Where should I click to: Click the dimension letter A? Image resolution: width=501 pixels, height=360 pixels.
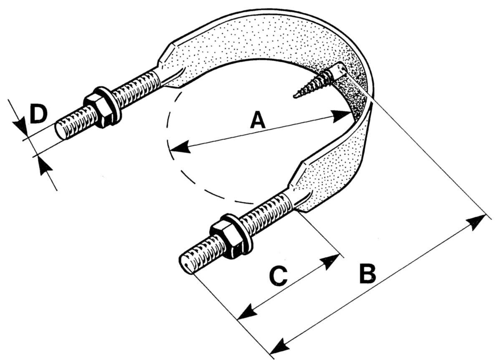[258, 121]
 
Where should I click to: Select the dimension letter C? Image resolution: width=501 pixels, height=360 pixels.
[278, 276]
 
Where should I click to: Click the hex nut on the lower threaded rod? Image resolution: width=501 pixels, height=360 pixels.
[223, 239]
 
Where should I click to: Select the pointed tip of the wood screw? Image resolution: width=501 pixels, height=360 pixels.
[295, 97]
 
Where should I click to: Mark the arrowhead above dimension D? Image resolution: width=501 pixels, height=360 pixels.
[19, 124]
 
